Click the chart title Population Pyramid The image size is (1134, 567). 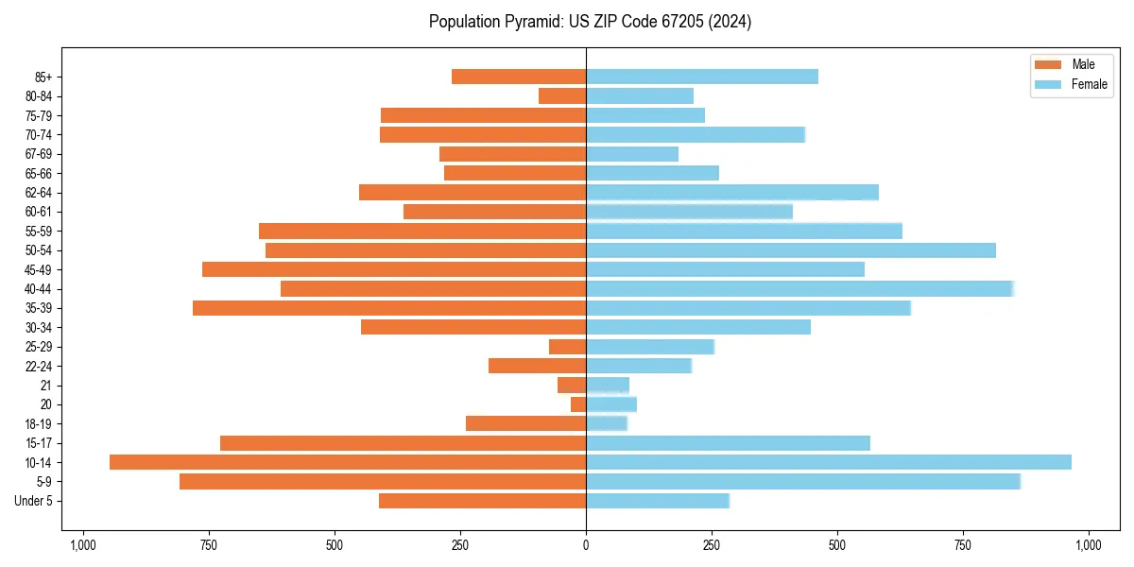click(590, 22)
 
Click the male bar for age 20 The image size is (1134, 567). click(578, 404)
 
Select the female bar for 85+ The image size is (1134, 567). click(702, 77)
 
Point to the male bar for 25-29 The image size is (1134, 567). click(567, 347)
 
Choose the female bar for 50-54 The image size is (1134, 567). click(791, 250)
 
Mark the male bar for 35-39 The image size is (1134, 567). click(389, 308)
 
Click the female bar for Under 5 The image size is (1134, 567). click(658, 501)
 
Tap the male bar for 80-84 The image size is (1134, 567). click(562, 96)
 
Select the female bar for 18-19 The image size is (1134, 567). click(607, 423)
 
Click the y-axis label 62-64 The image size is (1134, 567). click(39, 193)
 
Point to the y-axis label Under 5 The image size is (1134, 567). click(34, 501)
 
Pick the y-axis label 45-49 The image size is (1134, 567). click(39, 269)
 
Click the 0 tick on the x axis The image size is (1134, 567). click(586, 545)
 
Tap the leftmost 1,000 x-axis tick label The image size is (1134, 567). click(83, 545)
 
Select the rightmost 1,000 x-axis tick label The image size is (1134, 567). click(1089, 545)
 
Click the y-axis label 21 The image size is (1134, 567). click(45, 386)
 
